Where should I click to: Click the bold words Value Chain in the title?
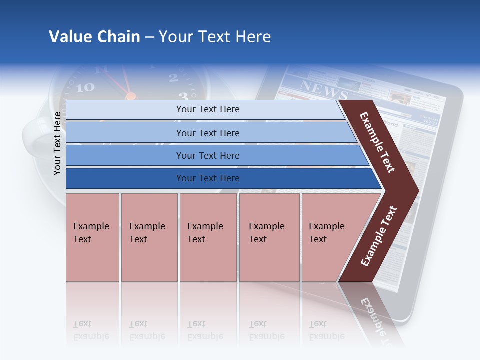click(x=94, y=37)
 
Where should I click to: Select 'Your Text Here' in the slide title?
click(x=215, y=37)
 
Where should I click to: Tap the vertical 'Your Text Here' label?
click(x=58, y=143)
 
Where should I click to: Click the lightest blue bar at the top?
click(x=207, y=109)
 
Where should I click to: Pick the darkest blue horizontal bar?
click(x=207, y=178)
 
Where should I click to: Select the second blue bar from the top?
click(x=207, y=133)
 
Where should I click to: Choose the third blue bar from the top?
click(x=207, y=155)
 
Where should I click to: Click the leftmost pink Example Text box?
click(x=92, y=237)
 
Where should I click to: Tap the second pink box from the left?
click(x=149, y=237)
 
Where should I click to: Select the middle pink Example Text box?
click(x=208, y=237)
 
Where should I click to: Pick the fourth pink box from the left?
click(x=269, y=237)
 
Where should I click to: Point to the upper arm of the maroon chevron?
click(x=377, y=142)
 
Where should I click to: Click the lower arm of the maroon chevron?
click(x=379, y=236)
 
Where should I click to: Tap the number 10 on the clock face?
click(x=85, y=88)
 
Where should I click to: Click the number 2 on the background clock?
click(x=173, y=77)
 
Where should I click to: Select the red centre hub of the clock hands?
click(x=130, y=96)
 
